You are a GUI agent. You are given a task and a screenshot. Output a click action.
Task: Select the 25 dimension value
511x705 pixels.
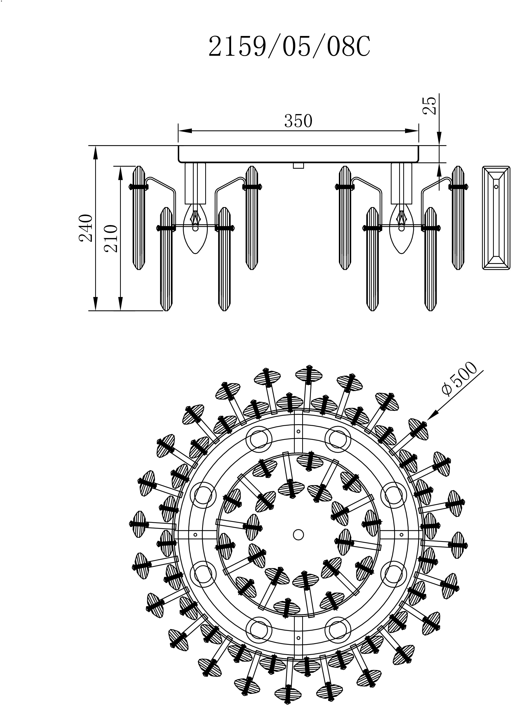pos(430,105)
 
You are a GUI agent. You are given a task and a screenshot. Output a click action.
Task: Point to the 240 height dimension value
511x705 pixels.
pos(86,228)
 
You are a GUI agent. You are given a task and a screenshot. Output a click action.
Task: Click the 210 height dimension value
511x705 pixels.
pos(111,238)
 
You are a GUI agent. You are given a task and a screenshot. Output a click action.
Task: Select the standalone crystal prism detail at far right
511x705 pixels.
pos(496,218)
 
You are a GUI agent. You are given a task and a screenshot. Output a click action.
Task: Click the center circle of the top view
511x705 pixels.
pos(298,534)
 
